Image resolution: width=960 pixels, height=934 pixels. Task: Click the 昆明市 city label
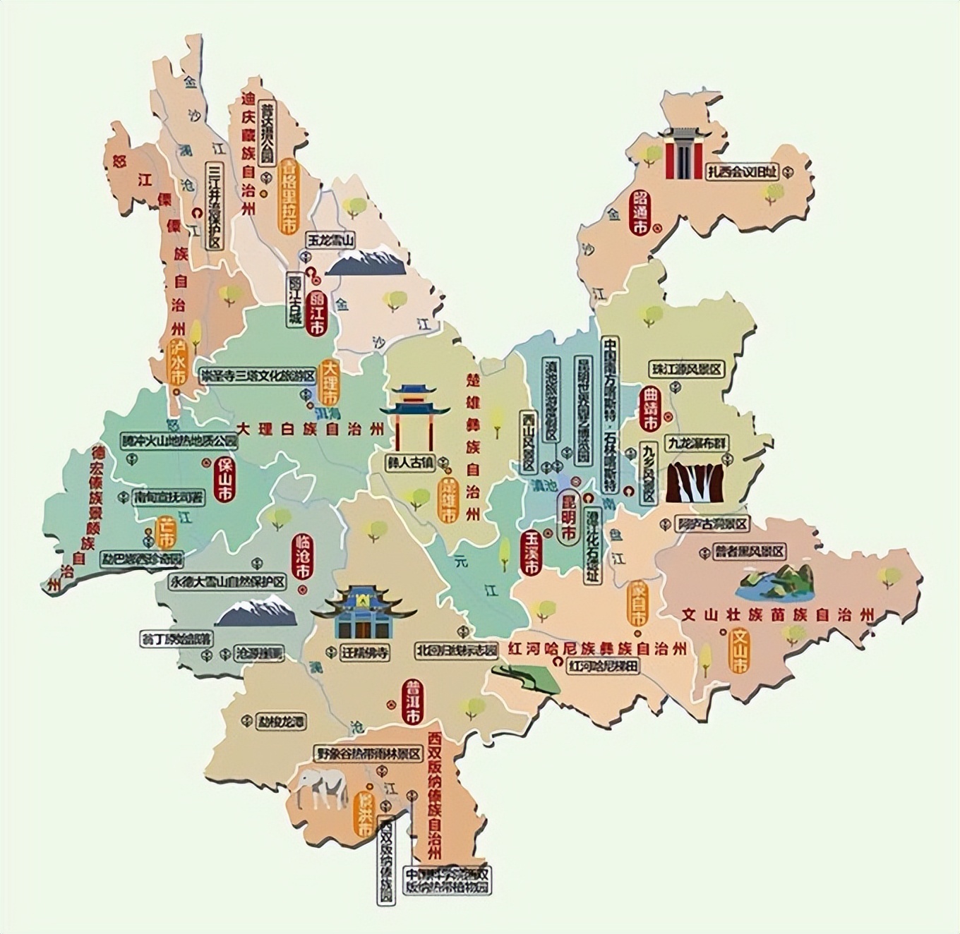(567, 516)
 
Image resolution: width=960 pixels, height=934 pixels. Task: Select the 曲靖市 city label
(649, 408)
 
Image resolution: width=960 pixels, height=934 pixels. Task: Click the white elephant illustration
(321, 789)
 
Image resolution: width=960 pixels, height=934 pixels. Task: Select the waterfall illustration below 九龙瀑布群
(697, 482)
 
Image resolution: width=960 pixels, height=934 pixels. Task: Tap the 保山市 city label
(224, 481)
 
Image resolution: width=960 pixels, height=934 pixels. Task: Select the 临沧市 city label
(302, 557)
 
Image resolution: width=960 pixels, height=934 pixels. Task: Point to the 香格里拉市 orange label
(288, 197)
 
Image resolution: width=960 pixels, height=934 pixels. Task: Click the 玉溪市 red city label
(531, 552)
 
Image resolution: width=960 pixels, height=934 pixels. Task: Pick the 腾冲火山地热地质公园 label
(179, 442)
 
